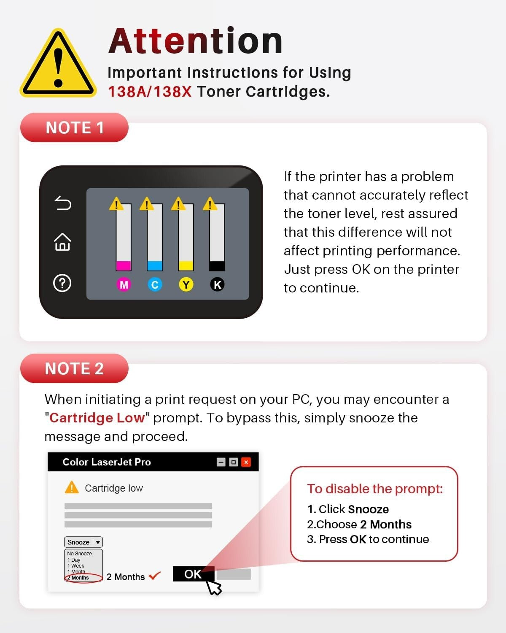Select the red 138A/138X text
pyautogui.click(x=150, y=92)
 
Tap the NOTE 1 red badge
pyautogui.click(x=74, y=127)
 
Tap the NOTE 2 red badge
pyautogui.click(x=74, y=368)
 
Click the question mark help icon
pyautogui.click(x=62, y=283)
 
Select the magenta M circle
pyautogui.click(x=124, y=284)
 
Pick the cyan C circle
pyautogui.click(x=155, y=284)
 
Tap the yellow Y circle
pyautogui.click(x=186, y=284)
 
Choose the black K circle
pyautogui.click(x=217, y=284)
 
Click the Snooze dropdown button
pyautogui.click(x=83, y=542)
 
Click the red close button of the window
pyautogui.click(x=246, y=462)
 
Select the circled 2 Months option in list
pyautogui.click(x=80, y=578)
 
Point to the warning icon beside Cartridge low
pyautogui.click(x=72, y=487)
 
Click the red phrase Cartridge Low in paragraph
pyautogui.click(x=97, y=418)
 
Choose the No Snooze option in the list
pyautogui.click(x=79, y=553)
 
